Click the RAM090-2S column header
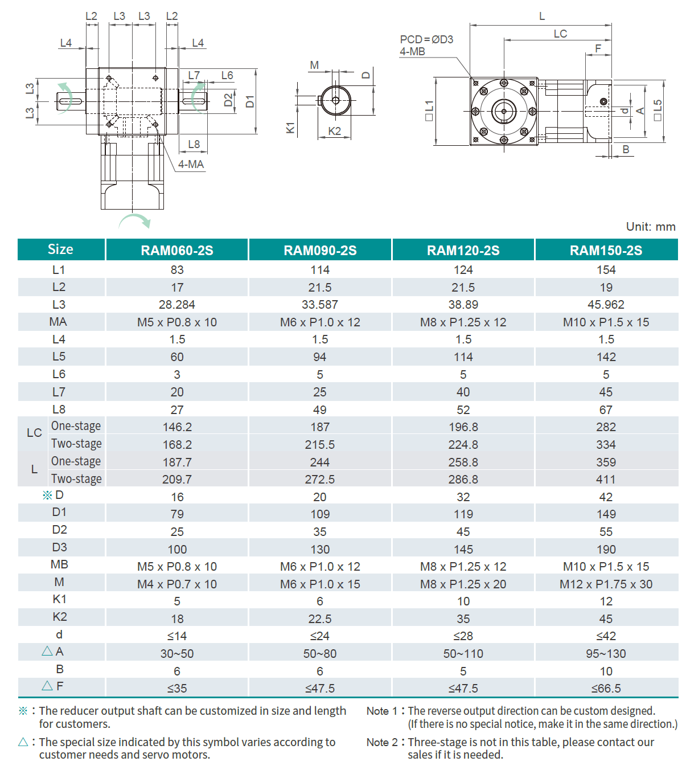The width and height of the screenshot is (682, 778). (x=320, y=250)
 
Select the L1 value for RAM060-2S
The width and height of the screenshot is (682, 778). (x=177, y=270)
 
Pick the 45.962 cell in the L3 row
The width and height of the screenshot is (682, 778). (x=606, y=305)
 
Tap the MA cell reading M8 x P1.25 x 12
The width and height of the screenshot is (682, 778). (x=463, y=322)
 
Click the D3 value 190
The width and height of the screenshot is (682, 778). (x=606, y=549)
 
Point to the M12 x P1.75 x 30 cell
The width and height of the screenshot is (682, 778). (x=606, y=584)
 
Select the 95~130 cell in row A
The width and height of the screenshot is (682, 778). (x=606, y=653)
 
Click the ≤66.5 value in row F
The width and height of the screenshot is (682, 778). (x=606, y=688)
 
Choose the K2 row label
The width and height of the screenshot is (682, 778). (x=60, y=617)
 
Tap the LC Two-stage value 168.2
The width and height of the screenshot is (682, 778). (x=177, y=444)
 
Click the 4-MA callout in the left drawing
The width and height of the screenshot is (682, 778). (x=191, y=164)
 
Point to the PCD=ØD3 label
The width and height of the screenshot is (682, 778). (x=426, y=39)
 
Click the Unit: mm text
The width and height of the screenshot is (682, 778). (x=650, y=227)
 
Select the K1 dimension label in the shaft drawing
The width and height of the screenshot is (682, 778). (x=290, y=128)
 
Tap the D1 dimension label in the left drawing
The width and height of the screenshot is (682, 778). (x=250, y=102)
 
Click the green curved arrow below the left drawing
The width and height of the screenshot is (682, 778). (x=135, y=220)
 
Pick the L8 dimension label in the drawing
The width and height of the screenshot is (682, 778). (x=194, y=144)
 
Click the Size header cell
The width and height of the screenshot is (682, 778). (x=60, y=249)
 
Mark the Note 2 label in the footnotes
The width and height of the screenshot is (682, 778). (x=382, y=742)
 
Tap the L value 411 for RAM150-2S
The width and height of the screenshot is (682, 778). (x=606, y=480)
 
